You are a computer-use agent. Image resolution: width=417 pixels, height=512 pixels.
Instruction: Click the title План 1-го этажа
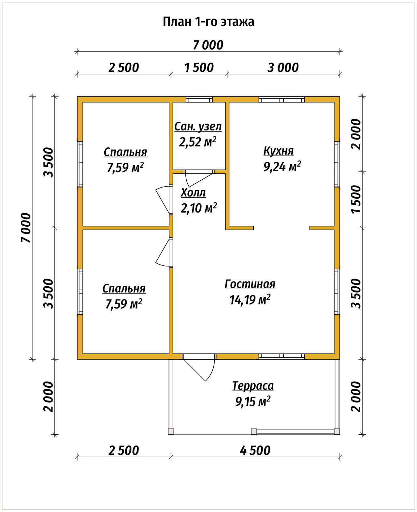(x=208, y=22)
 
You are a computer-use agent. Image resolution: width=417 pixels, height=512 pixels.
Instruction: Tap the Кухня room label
(x=279, y=151)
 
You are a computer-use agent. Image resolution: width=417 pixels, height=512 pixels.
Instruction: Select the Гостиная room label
(x=250, y=284)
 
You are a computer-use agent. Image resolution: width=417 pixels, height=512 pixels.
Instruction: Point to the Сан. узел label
(x=198, y=127)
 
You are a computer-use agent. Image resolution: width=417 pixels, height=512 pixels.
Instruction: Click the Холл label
(x=193, y=193)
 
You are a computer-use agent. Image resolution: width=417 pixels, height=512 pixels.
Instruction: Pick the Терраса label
(x=253, y=386)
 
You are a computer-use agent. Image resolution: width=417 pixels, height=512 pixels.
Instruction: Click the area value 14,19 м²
(x=250, y=300)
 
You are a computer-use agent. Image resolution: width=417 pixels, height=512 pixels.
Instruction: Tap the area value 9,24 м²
(x=282, y=166)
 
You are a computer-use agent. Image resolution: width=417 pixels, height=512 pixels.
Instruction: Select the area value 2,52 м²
(x=198, y=142)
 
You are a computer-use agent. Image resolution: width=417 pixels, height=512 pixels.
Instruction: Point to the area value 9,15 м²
(x=253, y=401)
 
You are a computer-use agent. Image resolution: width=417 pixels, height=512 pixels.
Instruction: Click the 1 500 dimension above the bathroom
(x=199, y=68)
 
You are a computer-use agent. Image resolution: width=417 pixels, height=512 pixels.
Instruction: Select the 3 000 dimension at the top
(x=283, y=68)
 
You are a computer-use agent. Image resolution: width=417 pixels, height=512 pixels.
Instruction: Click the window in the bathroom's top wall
(x=199, y=99)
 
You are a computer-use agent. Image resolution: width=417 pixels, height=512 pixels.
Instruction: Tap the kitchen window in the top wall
(x=282, y=99)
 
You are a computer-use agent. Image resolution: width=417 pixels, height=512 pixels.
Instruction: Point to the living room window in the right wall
(x=337, y=292)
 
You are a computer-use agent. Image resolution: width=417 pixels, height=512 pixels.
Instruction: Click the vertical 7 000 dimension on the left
(x=26, y=228)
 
